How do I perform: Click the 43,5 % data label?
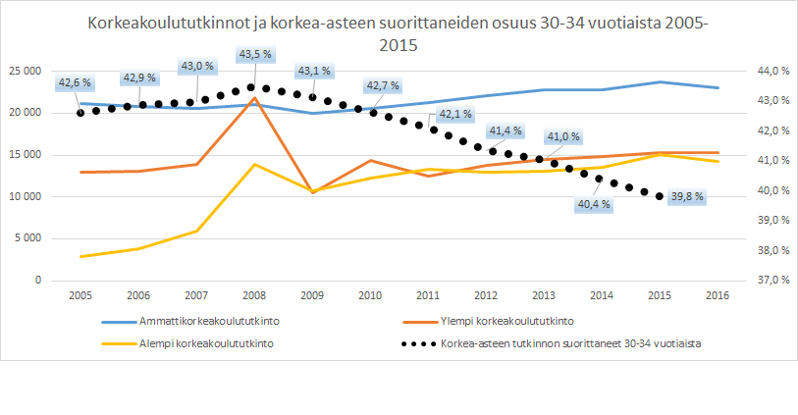(x=254, y=55)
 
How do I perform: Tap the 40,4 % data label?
(x=592, y=205)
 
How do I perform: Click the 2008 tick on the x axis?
(x=254, y=294)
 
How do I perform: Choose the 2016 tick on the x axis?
(x=718, y=294)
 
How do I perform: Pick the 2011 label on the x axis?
(x=429, y=294)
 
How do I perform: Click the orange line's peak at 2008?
(x=254, y=98)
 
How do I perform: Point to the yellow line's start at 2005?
(x=80, y=256)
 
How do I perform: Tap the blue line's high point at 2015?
(x=661, y=82)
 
